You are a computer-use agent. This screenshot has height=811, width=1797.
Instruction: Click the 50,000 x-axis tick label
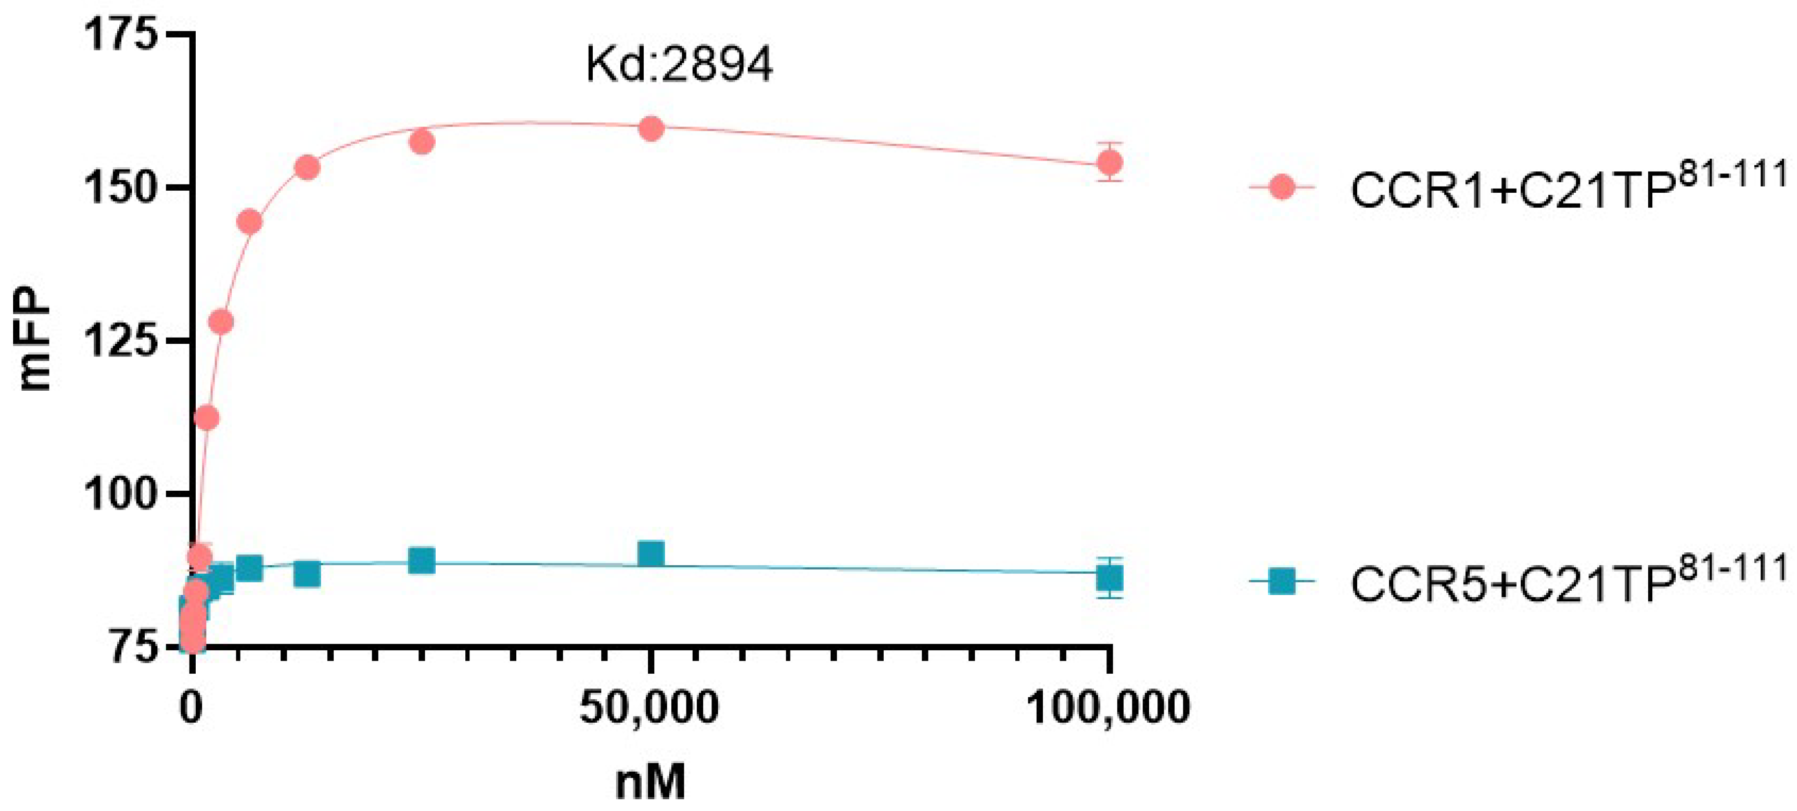pos(649,707)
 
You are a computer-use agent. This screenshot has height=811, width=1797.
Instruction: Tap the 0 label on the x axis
pos(192,707)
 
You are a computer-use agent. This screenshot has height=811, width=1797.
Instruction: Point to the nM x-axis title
pos(650,782)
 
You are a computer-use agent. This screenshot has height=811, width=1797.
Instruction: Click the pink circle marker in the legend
pos(1281,187)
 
